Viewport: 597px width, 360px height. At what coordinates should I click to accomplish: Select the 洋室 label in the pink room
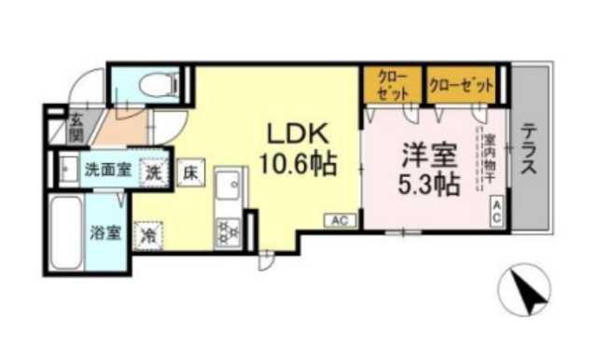[x=427, y=152]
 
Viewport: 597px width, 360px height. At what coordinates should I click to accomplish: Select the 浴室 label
[x=104, y=232]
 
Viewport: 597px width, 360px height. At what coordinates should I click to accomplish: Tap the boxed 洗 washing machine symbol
[x=151, y=171]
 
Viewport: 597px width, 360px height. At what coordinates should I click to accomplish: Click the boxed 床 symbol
[x=188, y=171]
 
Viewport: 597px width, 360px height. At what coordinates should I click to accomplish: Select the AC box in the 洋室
[x=497, y=210]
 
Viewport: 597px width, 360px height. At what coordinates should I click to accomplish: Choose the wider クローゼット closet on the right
[x=461, y=85]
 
